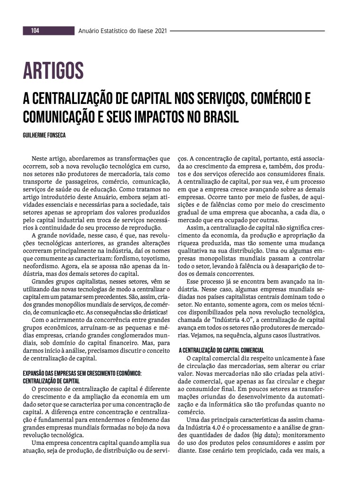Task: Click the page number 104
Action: coord(35,31)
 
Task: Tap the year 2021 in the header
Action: coord(159,31)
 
